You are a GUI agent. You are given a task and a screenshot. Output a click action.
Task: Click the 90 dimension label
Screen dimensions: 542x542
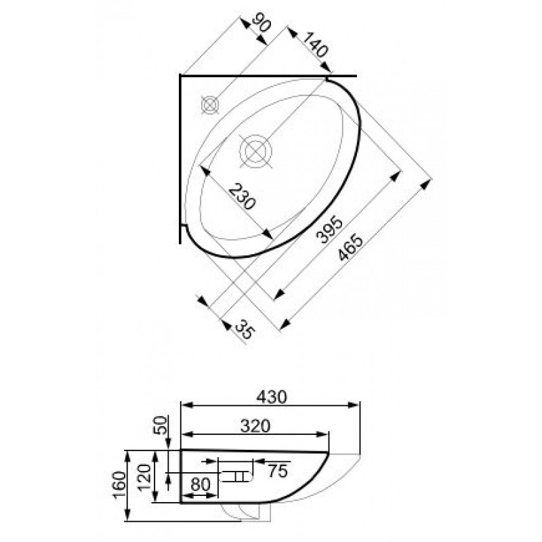262,23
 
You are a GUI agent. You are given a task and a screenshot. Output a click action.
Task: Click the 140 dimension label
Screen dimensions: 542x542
315,45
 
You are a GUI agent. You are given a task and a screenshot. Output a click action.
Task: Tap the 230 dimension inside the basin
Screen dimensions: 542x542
243,197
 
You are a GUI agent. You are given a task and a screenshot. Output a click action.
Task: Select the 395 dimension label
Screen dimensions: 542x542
329,230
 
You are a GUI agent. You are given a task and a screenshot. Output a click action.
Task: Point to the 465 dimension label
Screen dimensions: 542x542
351,248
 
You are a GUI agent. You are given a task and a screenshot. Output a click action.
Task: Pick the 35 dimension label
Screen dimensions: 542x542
245,329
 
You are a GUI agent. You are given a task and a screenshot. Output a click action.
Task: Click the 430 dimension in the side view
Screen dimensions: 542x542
272,397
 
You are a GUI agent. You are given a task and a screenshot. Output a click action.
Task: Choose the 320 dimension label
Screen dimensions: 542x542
255,426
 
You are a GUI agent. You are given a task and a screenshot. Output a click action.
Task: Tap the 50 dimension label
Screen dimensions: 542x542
160,425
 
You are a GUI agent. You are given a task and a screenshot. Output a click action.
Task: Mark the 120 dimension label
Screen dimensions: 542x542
145,477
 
